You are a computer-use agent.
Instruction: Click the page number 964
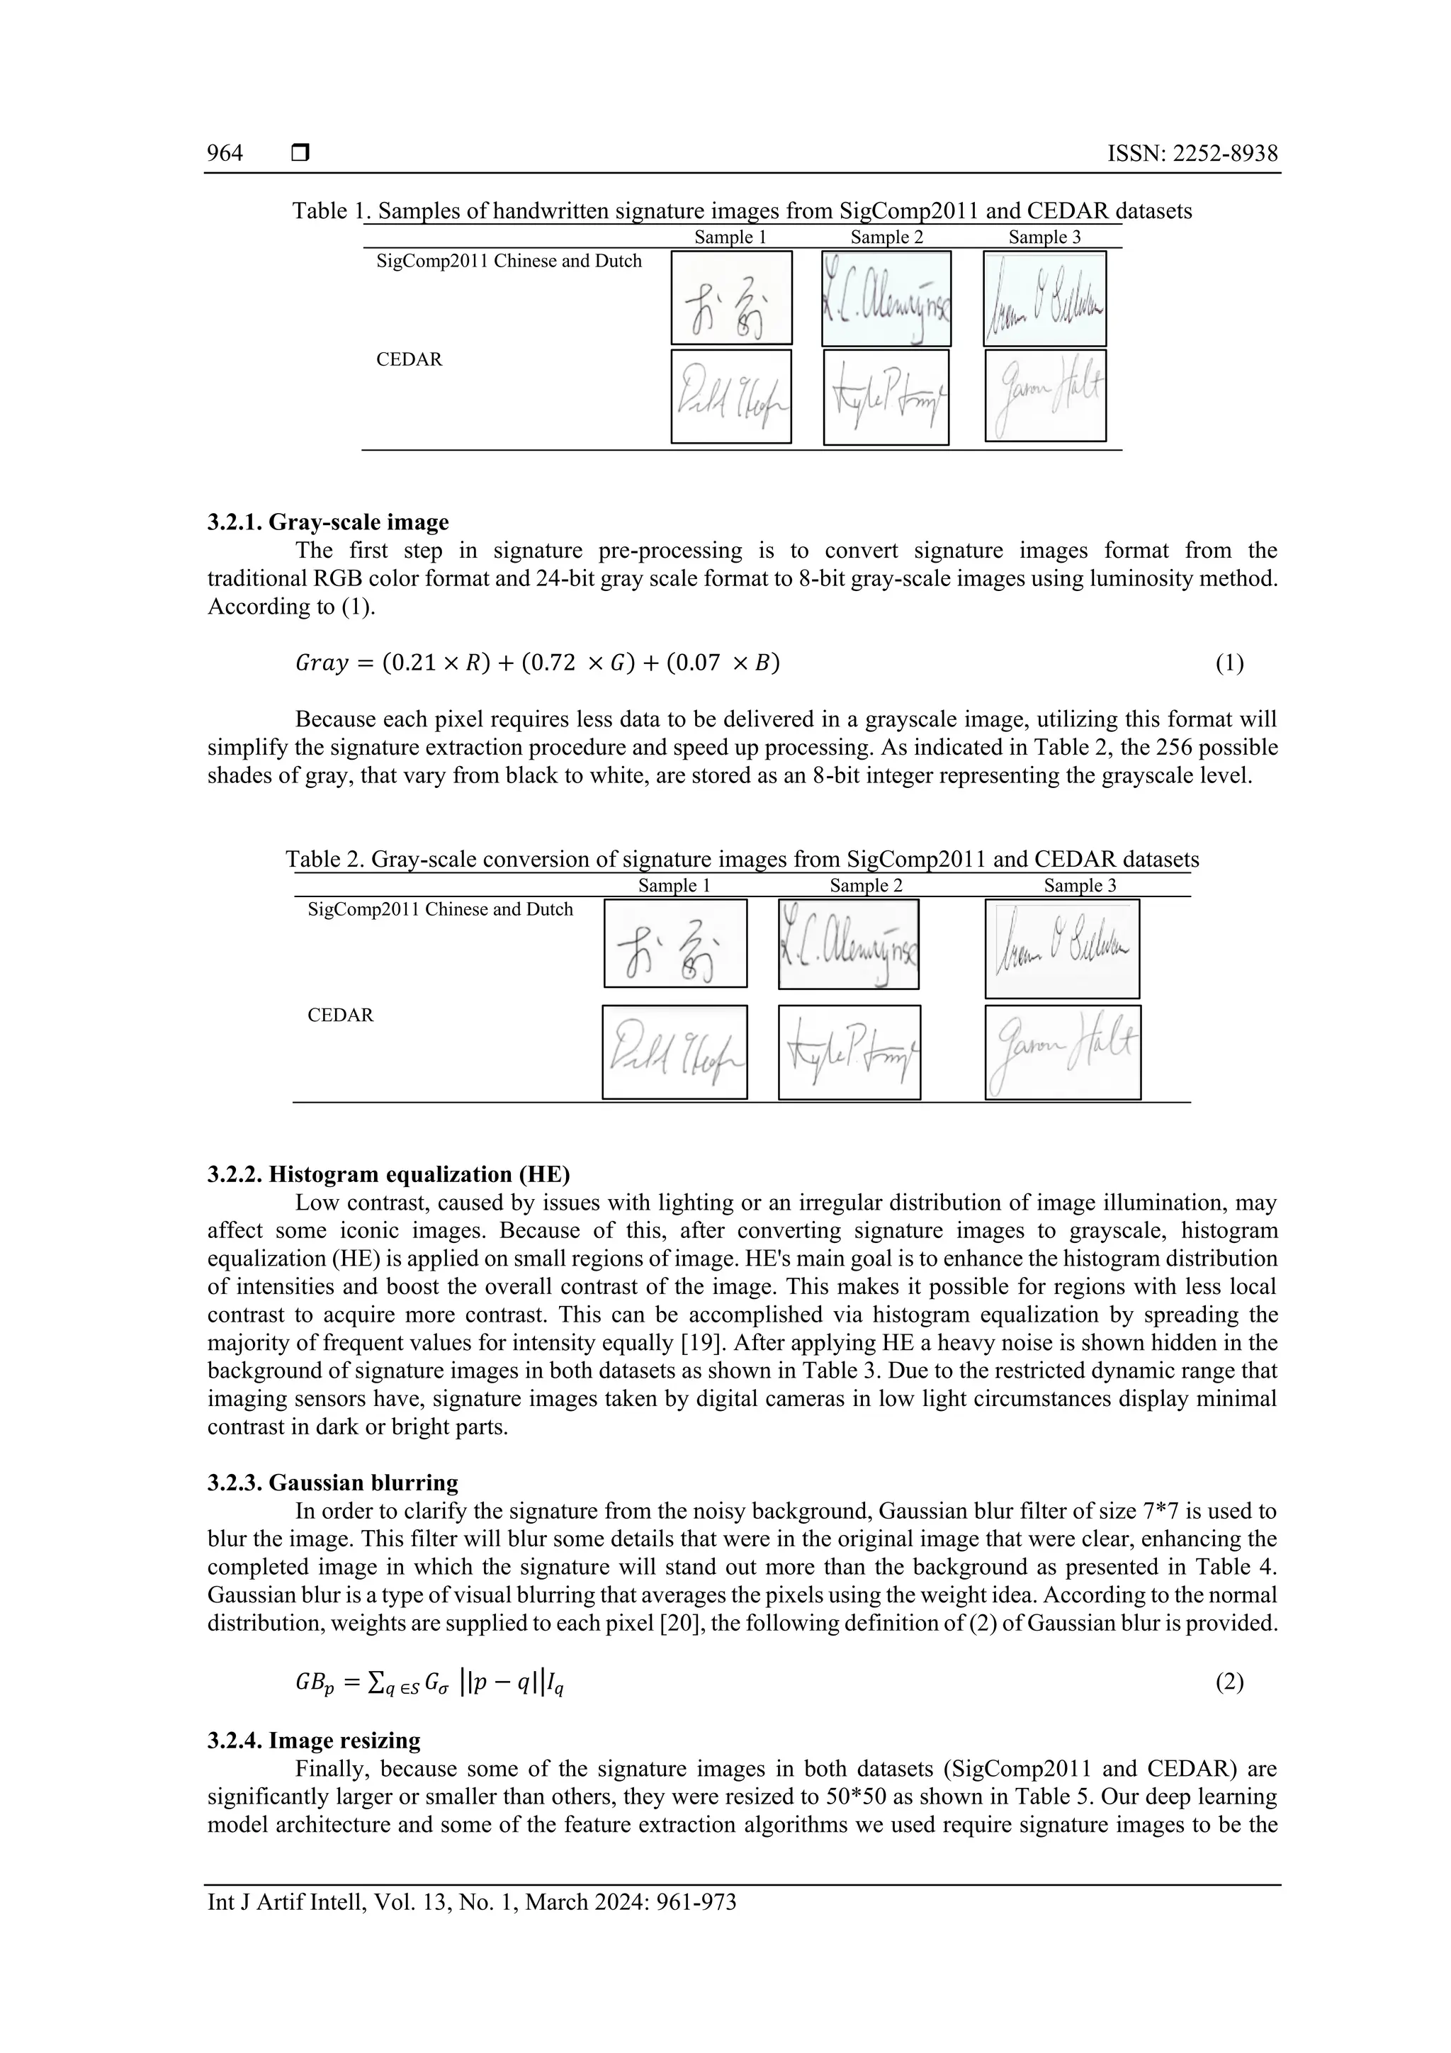tap(225, 154)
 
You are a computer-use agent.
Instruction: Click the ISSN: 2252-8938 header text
tap(1192, 154)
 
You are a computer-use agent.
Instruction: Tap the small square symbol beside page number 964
tap(300, 154)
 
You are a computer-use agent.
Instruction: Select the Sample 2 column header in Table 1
tap(886, 237)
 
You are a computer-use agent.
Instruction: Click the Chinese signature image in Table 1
tap(731, 298)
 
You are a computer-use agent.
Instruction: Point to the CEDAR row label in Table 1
tap(409, 359)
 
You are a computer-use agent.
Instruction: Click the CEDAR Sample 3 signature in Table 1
tap(1045, 395)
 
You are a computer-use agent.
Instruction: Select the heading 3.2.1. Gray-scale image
tap(328, 522)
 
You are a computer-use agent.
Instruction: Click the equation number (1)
tap(1229, 663)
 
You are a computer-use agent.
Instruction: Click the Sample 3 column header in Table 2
tap(1080, 885)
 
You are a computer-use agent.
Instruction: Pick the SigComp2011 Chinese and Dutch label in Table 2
tap(440, 909)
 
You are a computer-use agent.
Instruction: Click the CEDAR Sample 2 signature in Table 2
tap(849, 1052)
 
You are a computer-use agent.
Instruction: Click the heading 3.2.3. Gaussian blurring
tap(332, 1483)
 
